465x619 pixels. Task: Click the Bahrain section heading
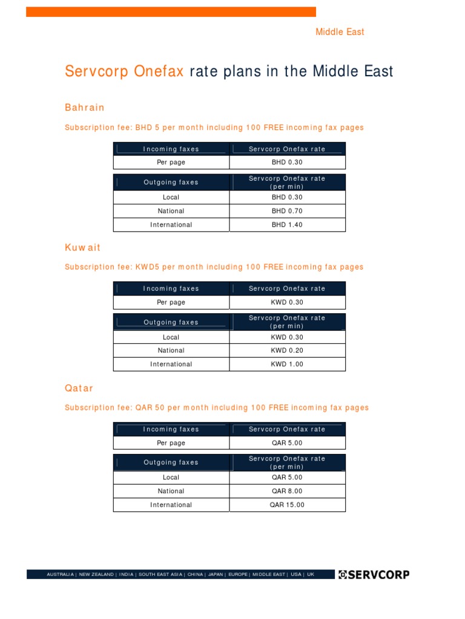[85, 108]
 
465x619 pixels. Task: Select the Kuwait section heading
[83, 248]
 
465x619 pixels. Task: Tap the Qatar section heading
[79, 388]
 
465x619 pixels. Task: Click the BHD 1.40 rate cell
[287, 225]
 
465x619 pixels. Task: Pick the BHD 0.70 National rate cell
[287, 211]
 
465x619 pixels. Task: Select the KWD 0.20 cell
[287, 351]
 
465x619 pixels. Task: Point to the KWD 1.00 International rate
[287, 365]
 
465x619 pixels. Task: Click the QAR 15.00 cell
[287, 505]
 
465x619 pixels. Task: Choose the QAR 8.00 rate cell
[287, 491]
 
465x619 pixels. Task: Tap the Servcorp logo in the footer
[374, 574]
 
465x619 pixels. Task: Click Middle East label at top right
[340, 32]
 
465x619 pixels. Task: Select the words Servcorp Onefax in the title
[124, 71]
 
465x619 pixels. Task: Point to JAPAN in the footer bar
[216, 574]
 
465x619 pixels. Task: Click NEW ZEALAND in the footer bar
[96, 574]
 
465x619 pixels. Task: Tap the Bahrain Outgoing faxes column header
[171, 183]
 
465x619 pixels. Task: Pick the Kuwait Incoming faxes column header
[171, 289]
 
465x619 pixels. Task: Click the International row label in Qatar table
[171, 505]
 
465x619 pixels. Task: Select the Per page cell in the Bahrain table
[171, 163]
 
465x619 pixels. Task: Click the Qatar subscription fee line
[217, 408]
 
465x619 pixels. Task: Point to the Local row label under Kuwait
[171, 337]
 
